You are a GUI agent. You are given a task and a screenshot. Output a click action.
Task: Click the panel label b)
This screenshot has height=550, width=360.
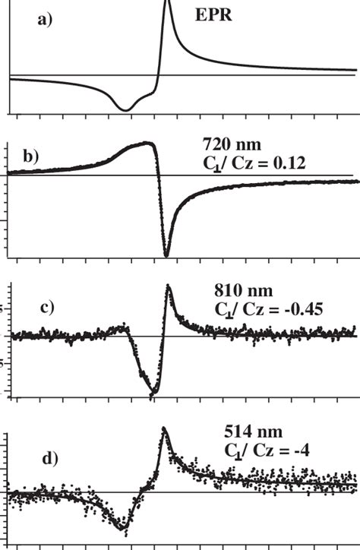[30, 158]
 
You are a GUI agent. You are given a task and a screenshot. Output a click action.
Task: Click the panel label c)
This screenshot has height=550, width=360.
[47, 308]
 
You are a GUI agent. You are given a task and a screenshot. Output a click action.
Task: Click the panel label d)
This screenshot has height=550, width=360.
[49, 459]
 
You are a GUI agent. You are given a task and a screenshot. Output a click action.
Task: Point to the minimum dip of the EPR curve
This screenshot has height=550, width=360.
[126, 110]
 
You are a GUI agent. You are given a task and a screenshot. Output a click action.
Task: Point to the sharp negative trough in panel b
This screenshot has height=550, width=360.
[166, 254]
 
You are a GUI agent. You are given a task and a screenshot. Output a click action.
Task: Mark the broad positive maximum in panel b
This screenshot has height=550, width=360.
[147, 143]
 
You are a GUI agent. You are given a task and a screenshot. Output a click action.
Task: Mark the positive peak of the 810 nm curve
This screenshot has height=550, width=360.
[168, 287]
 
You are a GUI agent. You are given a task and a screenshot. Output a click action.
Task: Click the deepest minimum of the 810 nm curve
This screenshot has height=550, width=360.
[153, 393]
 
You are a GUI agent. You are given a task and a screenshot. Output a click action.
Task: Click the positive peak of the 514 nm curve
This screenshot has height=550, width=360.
[163, 430]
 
